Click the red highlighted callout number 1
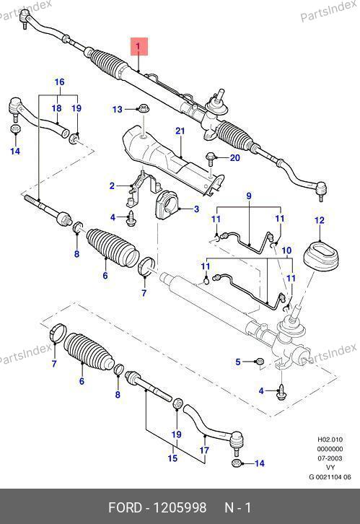tap(139, 46)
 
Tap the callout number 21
tap(180, 131)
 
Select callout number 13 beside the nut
tap(118, 109)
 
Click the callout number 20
tap(235, 157)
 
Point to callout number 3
tap(196, 209)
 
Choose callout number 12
tap(320, 220)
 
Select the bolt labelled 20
tap(211, 158)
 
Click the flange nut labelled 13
tap(144, 108)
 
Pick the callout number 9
tap(249, 196)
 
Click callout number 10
tap(286, 250)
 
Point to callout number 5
tap(238, 362)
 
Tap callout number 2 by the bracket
tap(113, 185)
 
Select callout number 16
tap(59, 82)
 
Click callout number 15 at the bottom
tap(172, 458)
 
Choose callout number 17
tap(204, 450)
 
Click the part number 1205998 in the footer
tap(180, 507)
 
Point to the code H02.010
tap(330, 440)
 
